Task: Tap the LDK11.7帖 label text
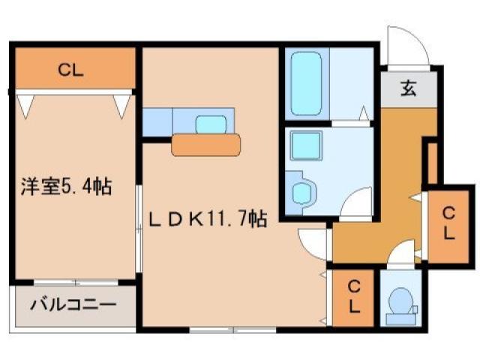pyautogui.click(x=207, y=219)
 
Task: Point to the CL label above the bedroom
pyautogui.click(x=71, y=71)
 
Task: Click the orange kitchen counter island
pyautogui.click(x=206, y=144)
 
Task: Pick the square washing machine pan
pyautogui.click(x=306, y=143)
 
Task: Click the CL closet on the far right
pyautogui.click(x=447, y=222)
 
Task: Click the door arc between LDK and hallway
pyautogui.click(x=312, y=241)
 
